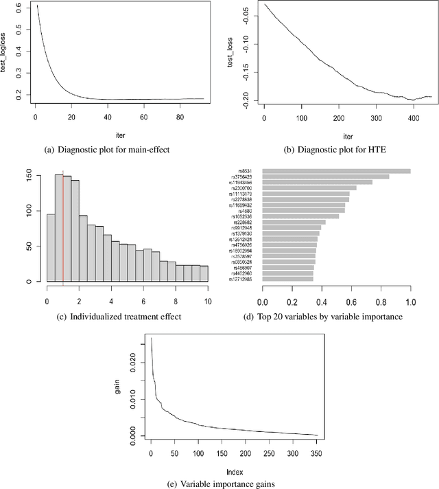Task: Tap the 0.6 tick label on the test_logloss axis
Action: click(21, 8)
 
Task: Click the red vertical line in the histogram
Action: click(63, 227)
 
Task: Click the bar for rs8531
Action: click(336, 171)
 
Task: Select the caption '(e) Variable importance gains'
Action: click(219, 483)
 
